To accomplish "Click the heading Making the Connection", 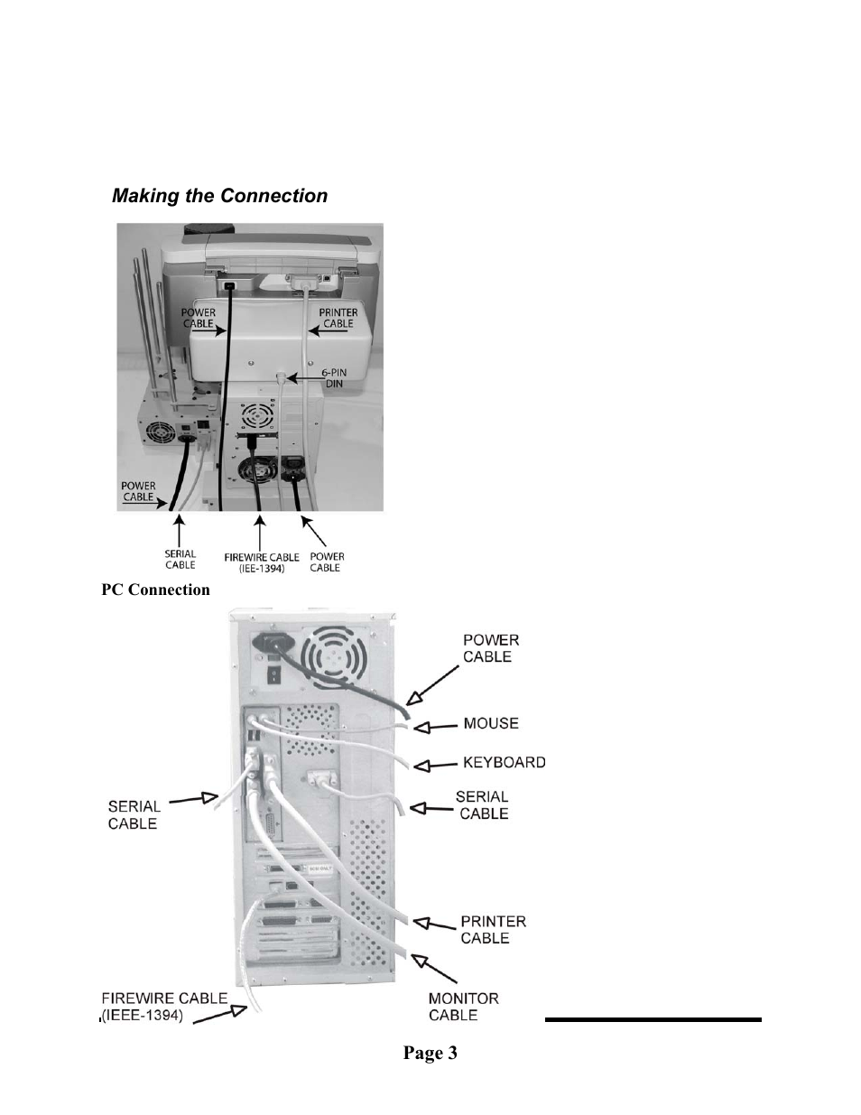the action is click(x=219, y=196).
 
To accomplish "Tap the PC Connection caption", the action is click(x=155, y=590).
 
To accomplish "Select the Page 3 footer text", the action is click(x=430, y=1053).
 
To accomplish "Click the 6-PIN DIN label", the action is click(x=335, y=377).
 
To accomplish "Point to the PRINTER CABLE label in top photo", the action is click(x=338, y=318).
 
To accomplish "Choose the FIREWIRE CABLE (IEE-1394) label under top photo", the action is click(x=262, y=562).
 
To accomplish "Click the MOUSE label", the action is click(x=491, y=723).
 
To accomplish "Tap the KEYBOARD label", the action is click(x=505, y=762).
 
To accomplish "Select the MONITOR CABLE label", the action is click(x=463, y=1007).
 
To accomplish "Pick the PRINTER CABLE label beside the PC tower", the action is click(x=493, y=929).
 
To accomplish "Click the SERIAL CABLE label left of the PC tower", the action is click(x=134, y=814).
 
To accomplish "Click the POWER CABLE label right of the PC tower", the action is click(x=490, y=648).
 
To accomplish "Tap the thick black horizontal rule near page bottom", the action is click(x=653, y=1019).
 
